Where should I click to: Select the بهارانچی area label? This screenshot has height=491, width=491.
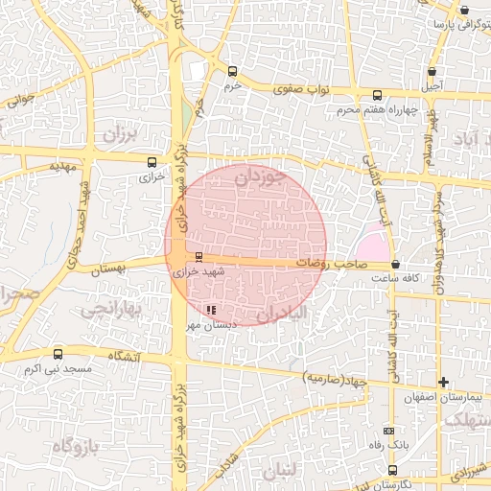click(x=112, y=311)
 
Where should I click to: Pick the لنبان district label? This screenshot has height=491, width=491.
click(x=279, y=471)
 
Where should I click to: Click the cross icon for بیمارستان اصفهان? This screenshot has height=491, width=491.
click(x=443, y=382)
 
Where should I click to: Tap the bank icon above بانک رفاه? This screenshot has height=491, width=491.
click(x=387, y=431)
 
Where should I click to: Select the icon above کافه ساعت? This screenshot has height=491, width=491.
click(x=396, y=264)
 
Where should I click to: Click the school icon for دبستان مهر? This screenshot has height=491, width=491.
click(x=210, y=310)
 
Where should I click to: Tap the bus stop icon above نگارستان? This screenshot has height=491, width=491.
click(x=392, y=469)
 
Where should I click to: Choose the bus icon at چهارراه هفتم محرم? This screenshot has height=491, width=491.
click(x=378, y=96)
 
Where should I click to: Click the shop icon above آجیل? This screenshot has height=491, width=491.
click(x=433, y=71)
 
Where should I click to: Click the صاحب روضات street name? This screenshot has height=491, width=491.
click(x=327, y=261)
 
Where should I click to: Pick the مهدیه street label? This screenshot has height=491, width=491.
click(x=61, y=165)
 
